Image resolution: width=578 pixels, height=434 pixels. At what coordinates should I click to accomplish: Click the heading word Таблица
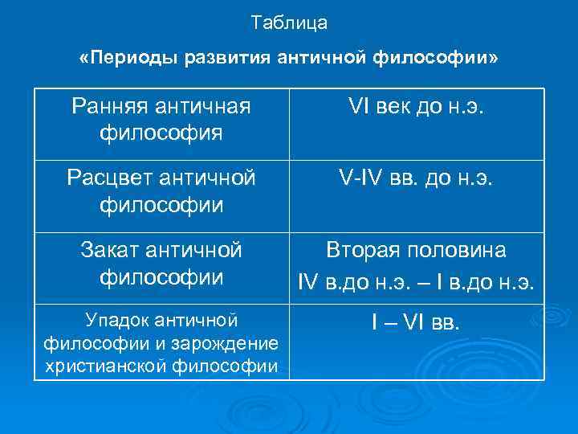pos(289,23)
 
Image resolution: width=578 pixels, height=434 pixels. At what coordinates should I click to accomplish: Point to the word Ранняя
pos(110,105)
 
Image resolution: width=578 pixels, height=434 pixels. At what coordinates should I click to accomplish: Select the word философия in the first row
pos(161,130)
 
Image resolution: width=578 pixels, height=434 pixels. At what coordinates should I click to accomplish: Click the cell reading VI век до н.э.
pos(416,105)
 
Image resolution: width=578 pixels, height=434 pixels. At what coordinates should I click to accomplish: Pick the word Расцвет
pos(112,176)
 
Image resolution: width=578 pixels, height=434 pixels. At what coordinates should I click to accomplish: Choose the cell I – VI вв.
pos(416,323)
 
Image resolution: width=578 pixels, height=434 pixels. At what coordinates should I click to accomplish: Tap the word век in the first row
pos(409,105)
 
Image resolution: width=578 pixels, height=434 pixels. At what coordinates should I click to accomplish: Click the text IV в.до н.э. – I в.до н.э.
pos(416,283)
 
